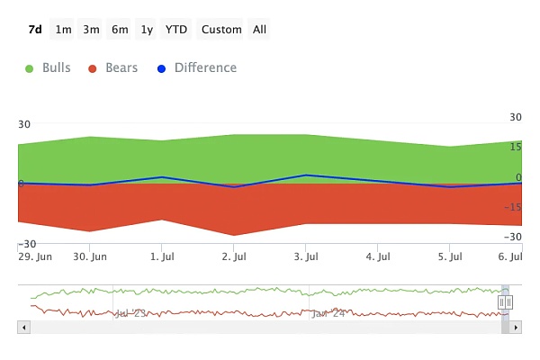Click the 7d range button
click(35, 30)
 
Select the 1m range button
click(63, 30)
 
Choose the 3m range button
click(91, 30)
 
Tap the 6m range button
click(120, 30)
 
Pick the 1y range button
click(147, 30)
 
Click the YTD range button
click(176, 30)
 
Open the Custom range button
click(221, 30)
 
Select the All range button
click(259, 30)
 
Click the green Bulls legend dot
click(31, 68)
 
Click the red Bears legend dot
click(93, 68)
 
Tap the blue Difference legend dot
click(162, 68)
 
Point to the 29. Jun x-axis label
click(35, 256)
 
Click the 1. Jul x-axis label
click(162, 256)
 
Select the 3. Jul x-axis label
click(306, 256)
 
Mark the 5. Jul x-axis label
click(450, 256)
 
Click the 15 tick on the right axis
click(516, 147)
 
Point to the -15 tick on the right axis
click(514, 207)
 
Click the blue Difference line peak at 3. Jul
click(306, 175)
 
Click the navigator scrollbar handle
click(505, 302)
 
